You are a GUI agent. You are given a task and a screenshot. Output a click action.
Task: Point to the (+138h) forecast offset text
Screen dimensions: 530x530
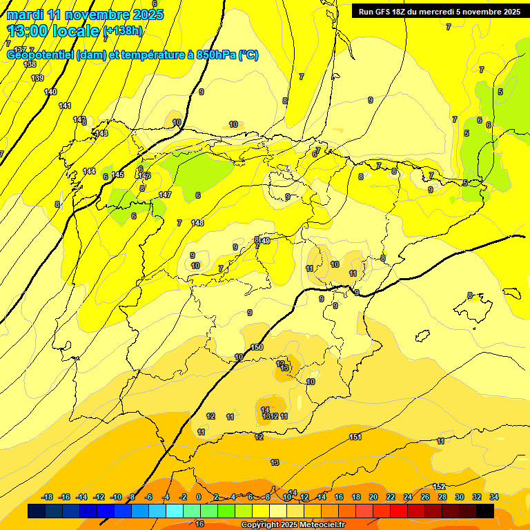[x=122, y=30]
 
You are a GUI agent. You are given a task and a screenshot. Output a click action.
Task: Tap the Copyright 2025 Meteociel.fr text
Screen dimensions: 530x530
[x=293, y=525]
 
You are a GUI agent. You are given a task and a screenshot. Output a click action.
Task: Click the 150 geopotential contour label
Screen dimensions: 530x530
[x=257, y=347]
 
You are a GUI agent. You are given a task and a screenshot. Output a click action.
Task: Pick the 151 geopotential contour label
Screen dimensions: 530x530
[x=355, y=437]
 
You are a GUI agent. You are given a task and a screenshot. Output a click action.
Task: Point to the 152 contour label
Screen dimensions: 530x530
[x=439, y=487]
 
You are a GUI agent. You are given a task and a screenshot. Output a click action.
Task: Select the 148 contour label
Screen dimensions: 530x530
[x=198, y=223]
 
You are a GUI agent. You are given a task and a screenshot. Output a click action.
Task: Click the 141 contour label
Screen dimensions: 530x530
[x=65, y=106]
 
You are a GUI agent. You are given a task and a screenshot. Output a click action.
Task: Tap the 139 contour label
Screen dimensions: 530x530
[x=37, y=78]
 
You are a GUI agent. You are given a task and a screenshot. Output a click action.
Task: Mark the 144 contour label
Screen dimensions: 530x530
[x=89, y=171]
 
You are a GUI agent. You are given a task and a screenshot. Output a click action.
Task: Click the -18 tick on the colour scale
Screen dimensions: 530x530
[x=48, y=497]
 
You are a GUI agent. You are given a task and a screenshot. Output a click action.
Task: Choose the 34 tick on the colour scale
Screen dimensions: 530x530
[x=494, y=497]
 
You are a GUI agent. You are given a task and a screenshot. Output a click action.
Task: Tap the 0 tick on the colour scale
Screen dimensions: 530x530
[x=199, y=497]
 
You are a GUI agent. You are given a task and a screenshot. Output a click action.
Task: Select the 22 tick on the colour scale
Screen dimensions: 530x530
[x=391, y=497]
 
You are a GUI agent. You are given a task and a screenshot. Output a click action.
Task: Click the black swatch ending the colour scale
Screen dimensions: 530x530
[x=485, y=511]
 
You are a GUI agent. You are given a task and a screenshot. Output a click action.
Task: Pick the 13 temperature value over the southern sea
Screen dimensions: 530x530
[x=275, y=462]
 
